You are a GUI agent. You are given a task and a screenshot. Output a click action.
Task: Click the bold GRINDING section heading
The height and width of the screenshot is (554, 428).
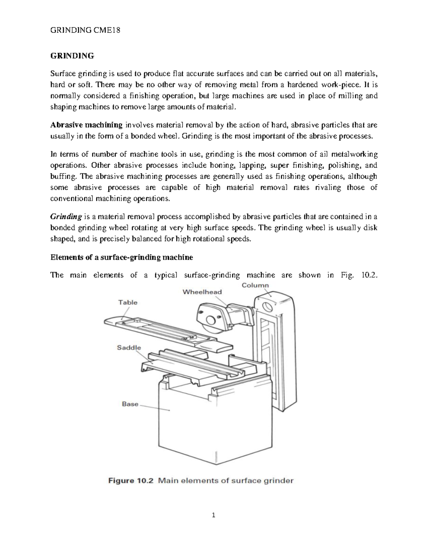(x=72, y=56)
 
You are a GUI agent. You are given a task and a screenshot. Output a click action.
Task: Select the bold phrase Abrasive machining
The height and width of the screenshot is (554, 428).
(x=87, y=125)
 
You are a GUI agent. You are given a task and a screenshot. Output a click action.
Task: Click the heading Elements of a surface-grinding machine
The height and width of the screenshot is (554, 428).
(x=122, y=257)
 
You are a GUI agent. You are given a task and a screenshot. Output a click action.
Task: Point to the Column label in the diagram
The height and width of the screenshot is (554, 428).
(x=255, y=285)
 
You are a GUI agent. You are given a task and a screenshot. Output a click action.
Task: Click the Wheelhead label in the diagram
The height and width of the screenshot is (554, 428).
(x=202, y=292)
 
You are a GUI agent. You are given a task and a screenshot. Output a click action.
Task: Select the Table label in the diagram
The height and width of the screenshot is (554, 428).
(x=128, y=303)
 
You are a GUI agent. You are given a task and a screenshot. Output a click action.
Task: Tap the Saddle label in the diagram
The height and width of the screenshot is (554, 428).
(x=129, y=347)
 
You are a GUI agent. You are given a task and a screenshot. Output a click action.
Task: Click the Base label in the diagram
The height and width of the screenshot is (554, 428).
(x=130, y=404)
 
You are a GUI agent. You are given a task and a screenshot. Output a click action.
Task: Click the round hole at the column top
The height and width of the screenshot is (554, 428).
(x=266, y=306)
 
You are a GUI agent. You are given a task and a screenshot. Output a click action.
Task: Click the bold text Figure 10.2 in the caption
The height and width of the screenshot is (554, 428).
(x=131, y=481)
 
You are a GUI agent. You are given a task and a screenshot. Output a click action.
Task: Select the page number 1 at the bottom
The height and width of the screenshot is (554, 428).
(x=214, y=515)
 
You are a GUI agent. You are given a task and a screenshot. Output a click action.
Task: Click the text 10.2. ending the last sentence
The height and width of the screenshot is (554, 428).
(x=369, y=275)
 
